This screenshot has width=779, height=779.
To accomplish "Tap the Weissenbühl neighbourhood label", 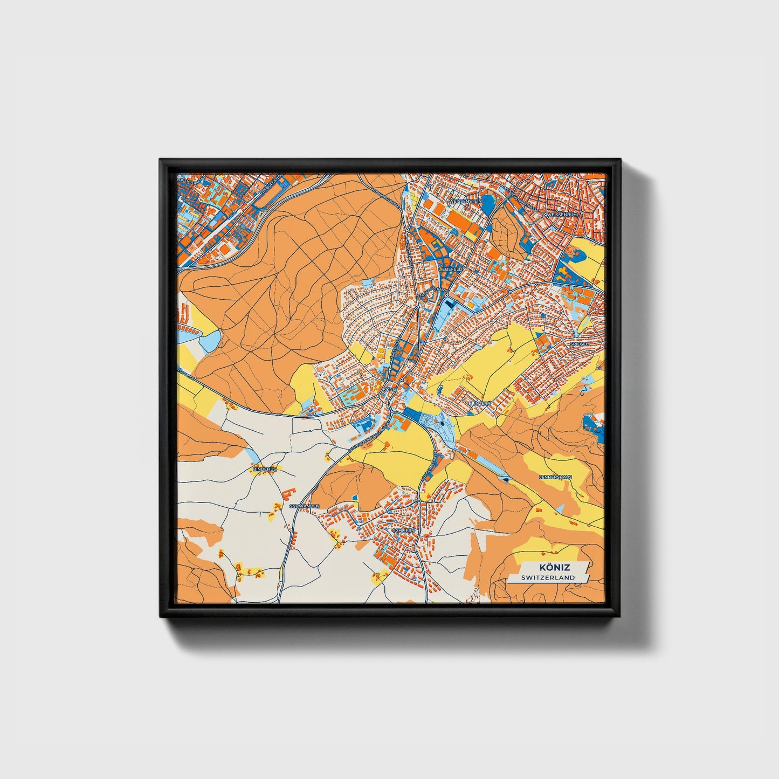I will pyautogui.click(x=562, y=214).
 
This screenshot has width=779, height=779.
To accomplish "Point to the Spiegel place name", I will pyautogui.click(x=579, y=343).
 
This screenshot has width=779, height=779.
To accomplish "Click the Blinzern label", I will pyautogui.click(x=479, y=403).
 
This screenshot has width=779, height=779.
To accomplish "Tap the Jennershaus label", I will pyautogui.click(x=555, y=477).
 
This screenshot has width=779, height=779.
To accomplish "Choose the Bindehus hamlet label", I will pyautogui.click(x=264, y=470).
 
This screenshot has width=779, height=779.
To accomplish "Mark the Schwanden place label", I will pyautogui.click(x=305, y=506).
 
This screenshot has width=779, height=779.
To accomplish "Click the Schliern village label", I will pyautogui.click(x=404, y=530).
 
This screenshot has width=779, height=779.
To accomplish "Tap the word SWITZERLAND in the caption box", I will pyautogui.click(x=548, y=578).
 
